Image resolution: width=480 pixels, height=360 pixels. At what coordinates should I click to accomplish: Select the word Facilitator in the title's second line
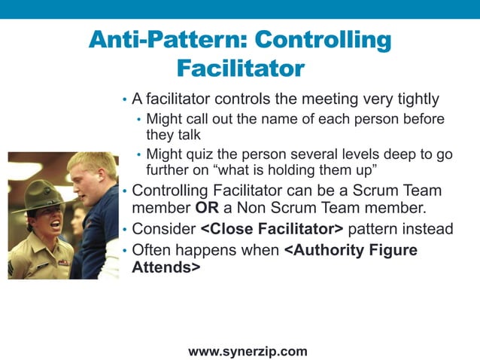pyautogui.click(x=240, y=69)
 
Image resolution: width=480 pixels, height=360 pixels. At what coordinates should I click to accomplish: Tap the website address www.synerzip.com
pyautogui.click(x=248, y=351)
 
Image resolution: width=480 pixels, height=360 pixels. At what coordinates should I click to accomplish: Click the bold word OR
pyautogui.click(x=207, y=207)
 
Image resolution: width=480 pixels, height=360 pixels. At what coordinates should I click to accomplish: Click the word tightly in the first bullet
pyautogui.click(x=415, y=99)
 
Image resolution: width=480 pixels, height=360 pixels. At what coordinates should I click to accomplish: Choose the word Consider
pyautogui.click(x=163, y=229)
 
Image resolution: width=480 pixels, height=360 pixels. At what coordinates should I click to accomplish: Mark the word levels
pyautogui.click(x=373, y=154)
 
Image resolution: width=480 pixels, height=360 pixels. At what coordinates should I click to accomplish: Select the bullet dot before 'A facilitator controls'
pyautogui.click(x=124, y=100)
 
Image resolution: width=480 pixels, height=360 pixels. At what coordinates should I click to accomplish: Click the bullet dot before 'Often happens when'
pyautogui.click(x=124, y=251)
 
